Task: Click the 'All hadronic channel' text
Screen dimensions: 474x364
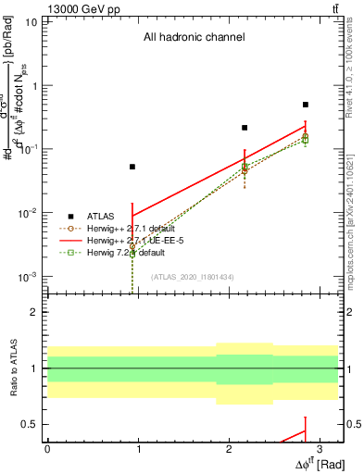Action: pyautogui.click(x=194, y=38)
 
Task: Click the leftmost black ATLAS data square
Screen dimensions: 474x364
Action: pyautogui.click(x=132, y=167)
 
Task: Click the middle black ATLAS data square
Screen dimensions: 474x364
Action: pyautogui.click(x=245, y=128)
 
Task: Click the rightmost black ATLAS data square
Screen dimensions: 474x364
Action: pyautogui.click(x=306, y=105)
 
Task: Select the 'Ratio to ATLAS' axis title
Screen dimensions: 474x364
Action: pyautogui.click(x=13, y=368)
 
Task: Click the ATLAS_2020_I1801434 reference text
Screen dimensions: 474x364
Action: pyautogui.click(x=192, y=277)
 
